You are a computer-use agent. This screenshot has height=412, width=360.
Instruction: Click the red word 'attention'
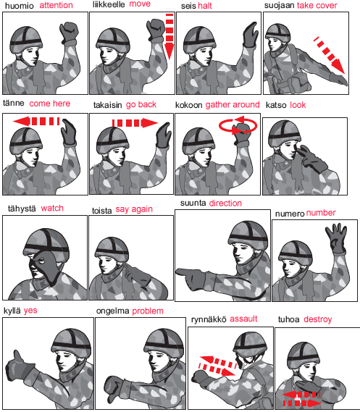(x=56, y=5)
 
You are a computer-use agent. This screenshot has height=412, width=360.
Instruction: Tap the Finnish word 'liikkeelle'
(x=109, y=4)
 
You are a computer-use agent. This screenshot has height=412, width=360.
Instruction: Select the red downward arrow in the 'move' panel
(x=169, y=36)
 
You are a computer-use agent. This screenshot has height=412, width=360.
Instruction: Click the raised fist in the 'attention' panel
(x=69, y=33)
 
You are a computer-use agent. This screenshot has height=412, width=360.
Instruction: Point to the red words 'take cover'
(x=317, y=5)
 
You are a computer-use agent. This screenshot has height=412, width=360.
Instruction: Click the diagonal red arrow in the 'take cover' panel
(x=329, y=55)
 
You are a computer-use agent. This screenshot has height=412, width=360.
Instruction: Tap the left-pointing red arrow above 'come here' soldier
(x=36, y=121)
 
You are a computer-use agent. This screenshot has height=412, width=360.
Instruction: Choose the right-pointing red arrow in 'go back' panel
(x=135, y=122)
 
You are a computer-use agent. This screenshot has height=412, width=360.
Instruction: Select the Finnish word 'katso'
(x=276, y=105)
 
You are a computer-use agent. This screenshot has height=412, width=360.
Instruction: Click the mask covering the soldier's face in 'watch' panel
(x=46, y=266)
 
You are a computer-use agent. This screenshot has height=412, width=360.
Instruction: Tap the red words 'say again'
(x=134, y=209)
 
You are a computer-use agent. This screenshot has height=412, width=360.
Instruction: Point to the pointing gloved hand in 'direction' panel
(x=191, y=278)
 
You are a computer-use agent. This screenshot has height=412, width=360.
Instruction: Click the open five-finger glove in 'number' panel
(x=337, y=238)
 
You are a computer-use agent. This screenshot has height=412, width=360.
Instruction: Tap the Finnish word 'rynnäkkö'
(x=209, y=319)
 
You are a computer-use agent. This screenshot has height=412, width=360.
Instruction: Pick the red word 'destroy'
(x=318, y=319)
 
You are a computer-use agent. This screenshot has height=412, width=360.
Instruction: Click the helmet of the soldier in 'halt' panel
(x=199, y=40)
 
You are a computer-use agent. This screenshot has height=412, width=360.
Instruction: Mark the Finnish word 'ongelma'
(x=112, y=311)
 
